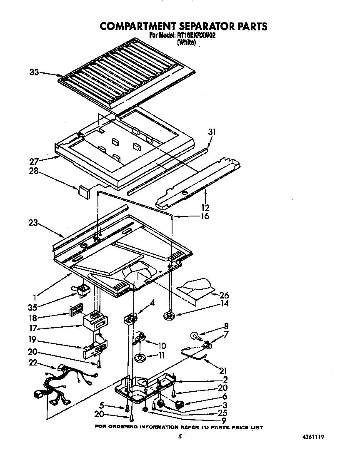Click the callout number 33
[34, 72]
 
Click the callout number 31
[213, 132]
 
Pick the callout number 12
[205, 207]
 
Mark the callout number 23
[33, 223]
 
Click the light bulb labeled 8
[195, 334]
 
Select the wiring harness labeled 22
[62, 385]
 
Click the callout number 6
[225, 397]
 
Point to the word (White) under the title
[186, 42]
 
